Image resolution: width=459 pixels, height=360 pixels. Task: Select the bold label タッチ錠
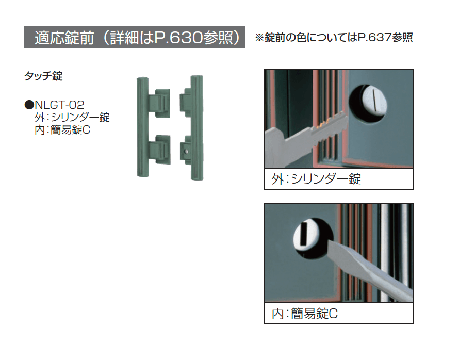tap(43, 77)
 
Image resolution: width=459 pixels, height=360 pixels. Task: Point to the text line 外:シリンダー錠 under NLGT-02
tap(71, 118)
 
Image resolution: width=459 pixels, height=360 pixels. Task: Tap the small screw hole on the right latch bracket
tap(184, 152)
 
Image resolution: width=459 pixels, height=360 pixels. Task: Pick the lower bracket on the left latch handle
tap(159, 148)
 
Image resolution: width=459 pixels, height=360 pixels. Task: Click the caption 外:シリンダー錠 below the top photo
tap(316, 179)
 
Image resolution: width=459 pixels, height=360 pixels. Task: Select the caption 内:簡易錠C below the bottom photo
tap(304, 314)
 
